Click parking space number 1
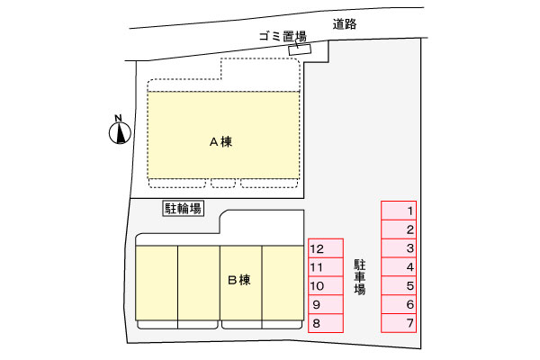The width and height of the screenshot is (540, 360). [399, 211]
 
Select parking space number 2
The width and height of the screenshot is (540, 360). [399, 229]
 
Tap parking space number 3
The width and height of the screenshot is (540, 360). [399, 248]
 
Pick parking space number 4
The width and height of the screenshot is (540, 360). [399, 267]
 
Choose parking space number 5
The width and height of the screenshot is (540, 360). [399, 285]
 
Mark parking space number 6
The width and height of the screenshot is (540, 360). [399, 304]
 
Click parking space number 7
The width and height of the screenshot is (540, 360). [399, 323]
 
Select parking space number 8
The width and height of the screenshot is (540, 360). [326, 323]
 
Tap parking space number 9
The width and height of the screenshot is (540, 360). [326, 304]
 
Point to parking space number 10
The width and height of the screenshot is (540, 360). [326, 285]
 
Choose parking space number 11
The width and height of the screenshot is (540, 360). [326, 267]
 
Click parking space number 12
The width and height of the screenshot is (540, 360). [326, 248]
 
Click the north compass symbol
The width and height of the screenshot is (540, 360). [120, 133]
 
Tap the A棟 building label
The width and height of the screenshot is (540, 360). [221, 141]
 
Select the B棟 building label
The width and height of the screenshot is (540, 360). [239, 280]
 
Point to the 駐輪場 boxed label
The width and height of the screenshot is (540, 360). [184, 209]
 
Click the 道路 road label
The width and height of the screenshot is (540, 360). [345, 24]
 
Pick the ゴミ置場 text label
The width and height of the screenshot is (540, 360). [283, 36]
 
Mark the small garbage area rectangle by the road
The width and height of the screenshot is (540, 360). [300, 49]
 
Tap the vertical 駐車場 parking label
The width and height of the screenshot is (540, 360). [360, 277]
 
